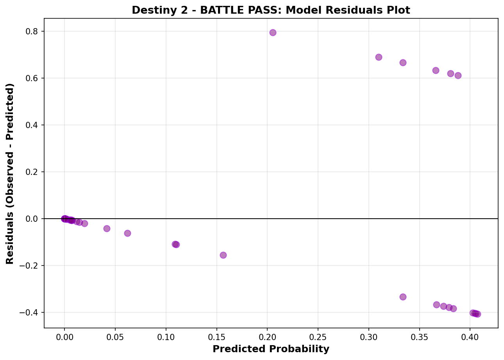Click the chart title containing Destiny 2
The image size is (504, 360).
pyautogui.click(x=271, y=10)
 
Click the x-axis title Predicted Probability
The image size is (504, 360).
pyautogui.click(x=271, y=349)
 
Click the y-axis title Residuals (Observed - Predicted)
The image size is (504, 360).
pyautogui.click(x=10, y=174)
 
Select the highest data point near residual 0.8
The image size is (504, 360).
pyautogui.click(x=273, y=32)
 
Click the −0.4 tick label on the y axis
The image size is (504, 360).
pyautogui.click(x=32, y=312)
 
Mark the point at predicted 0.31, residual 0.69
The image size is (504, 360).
pyautogui.click(x=379, y=57)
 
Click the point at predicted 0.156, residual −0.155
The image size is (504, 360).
pyautogui.click(x=223, y=255)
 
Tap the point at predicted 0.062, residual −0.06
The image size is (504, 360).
pyautogui.click(x=127, y=233)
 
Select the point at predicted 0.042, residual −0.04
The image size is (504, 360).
pyautogui.click(x=107, y=228)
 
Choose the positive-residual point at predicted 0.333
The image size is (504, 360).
pyautogui.click(x=403, y=62)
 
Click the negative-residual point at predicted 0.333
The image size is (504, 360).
pyautogui.click(x=403, y=297)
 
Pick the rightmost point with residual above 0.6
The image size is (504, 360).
pyautogui.click(x=458, y=75)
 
